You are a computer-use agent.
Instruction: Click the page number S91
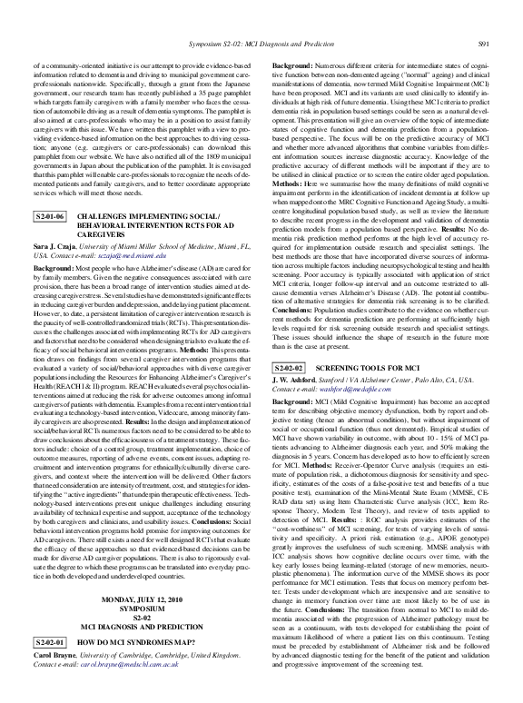click(x=486, y=44)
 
